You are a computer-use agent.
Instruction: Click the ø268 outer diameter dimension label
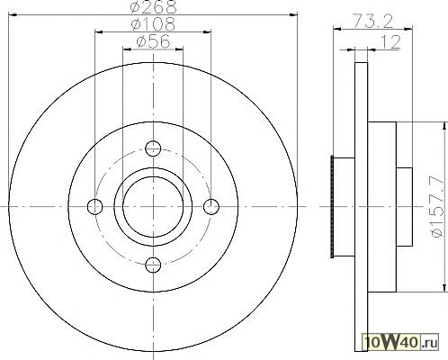pyautogui.click(x=154, y=7)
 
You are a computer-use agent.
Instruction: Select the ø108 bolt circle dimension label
pyautogui.click(x=153, y=23)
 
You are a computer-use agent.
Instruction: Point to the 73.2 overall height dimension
pyautogui.click(x=373, y=21)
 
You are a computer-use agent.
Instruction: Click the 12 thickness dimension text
pyautogui.click(x=390, y=42)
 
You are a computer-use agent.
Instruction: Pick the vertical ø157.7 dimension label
pyautogui.click(x=437, y=207)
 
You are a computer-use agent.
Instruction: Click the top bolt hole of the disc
pyautogui.click(x=153, y=148)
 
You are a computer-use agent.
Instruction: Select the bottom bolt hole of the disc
pyautogui.click(x=153, y=265)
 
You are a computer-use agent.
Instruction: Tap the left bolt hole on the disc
pyautogui.click(x=94, y=206)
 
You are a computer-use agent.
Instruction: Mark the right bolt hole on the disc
pyautogui.click(x=211, y=206)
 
